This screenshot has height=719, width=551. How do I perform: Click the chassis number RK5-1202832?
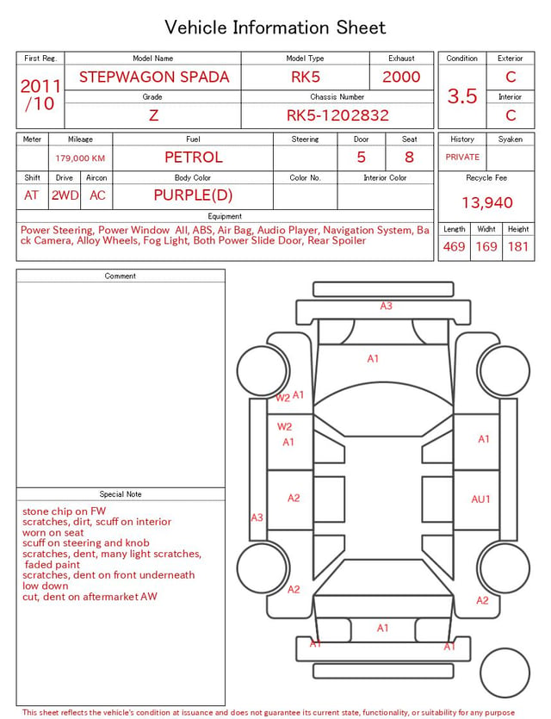pos(337,115)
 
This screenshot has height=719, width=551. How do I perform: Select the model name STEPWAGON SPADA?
pos(154,77)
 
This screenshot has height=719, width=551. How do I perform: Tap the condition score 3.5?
pos(462,96)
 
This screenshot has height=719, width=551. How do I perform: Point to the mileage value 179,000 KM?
pos(80,158)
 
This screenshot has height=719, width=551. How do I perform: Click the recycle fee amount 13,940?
pos(486,202)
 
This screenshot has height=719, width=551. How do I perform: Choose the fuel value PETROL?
pos(194,158)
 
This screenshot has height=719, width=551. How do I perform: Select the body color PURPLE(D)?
pos(193,195)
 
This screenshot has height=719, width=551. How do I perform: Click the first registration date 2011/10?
pos(40,95)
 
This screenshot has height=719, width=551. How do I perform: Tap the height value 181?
pos(518,246)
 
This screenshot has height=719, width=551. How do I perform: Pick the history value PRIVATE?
pos(462,157)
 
